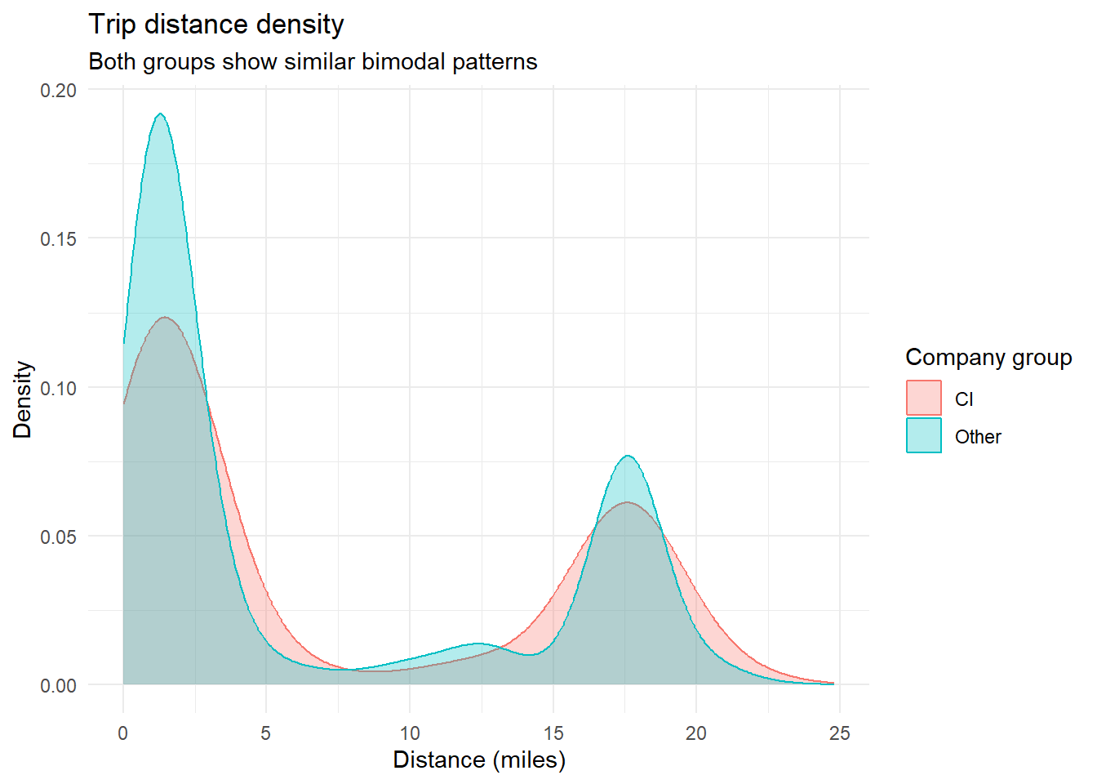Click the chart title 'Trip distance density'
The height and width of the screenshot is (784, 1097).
216,24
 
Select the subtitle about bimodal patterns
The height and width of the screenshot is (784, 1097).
313,62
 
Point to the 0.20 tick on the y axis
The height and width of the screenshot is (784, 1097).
59,90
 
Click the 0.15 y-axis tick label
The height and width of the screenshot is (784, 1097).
59,238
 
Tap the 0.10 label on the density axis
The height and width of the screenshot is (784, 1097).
59,387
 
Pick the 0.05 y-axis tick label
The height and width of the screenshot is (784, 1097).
59,537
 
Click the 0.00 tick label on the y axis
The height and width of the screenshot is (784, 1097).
59,685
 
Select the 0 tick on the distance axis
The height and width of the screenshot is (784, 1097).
123,733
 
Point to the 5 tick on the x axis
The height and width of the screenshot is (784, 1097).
266,733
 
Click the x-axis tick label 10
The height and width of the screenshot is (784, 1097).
410,733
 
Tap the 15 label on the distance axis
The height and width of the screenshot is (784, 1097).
553,733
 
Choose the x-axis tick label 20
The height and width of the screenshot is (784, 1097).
696,733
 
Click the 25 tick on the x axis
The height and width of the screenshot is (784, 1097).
840,733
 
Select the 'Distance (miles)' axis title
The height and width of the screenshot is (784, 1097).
479,760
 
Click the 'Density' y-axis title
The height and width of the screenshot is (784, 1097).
23,399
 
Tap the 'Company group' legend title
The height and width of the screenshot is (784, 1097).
988,358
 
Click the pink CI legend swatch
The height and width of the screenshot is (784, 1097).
924,399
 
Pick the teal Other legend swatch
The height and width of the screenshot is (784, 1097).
924,436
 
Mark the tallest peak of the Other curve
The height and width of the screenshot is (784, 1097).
160,114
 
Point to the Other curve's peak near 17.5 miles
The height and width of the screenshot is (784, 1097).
627,456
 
